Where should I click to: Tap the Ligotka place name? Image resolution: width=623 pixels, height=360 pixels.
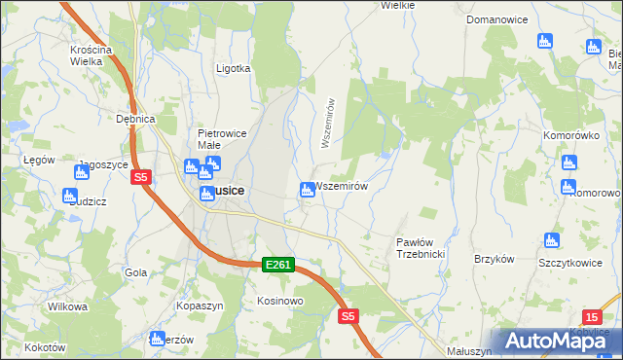coord(234,69)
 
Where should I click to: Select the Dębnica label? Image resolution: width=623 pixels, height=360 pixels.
coord(136,119)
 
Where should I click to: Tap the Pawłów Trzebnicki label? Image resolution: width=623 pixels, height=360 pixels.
coord(421,247)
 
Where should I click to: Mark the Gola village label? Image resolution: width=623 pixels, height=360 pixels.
coord(135,272)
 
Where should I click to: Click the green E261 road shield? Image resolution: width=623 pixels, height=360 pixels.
coord(277,265)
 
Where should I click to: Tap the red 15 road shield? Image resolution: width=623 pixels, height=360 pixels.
coord(592,317)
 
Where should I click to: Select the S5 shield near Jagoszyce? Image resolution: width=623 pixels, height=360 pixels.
coord(141,177)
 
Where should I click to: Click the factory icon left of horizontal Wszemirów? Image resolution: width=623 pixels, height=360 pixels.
coord(307,190)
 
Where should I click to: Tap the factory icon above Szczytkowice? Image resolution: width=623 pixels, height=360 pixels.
coord(552,240)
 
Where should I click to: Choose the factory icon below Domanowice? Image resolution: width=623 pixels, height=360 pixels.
coord(545,41)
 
